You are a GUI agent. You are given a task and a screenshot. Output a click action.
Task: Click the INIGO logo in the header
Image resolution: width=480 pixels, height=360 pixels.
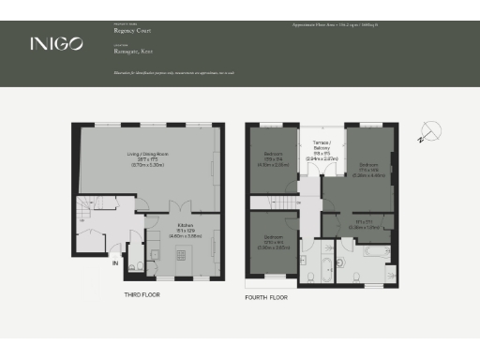click(x=56, y=43)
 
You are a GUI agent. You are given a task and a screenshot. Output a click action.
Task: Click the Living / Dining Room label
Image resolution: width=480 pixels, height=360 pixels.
click(x=147, y=157)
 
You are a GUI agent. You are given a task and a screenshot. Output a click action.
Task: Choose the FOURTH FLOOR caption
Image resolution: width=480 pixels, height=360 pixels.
click(x=270, y=298)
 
